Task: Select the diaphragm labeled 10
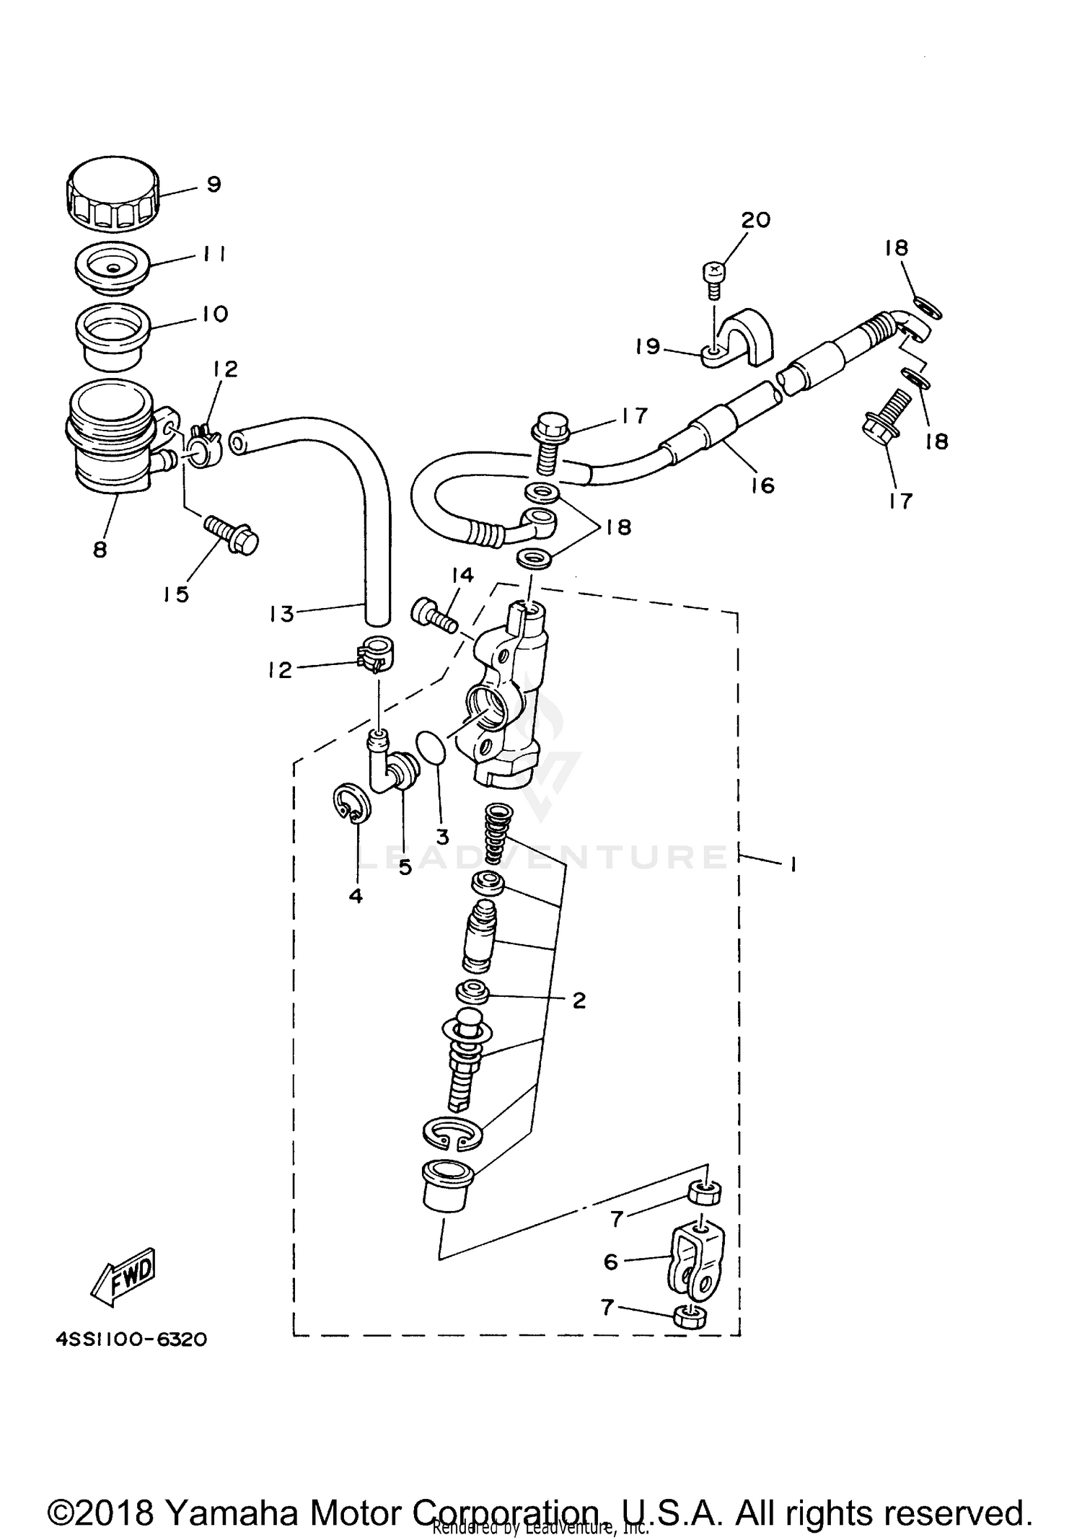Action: click(112, 336)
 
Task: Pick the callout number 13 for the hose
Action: click(282, 614)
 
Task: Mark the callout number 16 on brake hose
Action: click(762, 485)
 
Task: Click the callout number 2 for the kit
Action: click(579, 1000)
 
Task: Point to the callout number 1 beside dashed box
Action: click(793, 863)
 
